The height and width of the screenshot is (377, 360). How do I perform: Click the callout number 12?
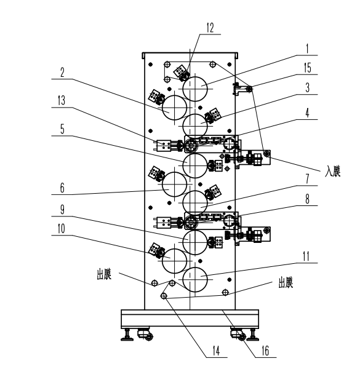point(210,28)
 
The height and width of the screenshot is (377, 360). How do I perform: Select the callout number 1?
point(307,49)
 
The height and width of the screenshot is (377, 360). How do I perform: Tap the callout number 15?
point(308,68)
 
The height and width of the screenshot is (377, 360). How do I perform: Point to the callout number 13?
point(62,100)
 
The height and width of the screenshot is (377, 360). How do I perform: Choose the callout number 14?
point(216,351)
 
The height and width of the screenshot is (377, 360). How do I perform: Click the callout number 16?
point(265,351)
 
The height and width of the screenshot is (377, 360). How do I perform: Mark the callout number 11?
point(306,256)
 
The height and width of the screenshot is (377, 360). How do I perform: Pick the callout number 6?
point(62,188)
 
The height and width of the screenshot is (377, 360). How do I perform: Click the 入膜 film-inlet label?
point(333,172)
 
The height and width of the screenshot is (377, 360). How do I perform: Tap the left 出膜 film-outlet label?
point(104,274)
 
